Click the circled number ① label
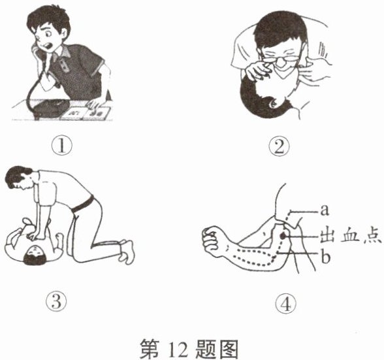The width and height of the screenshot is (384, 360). click(x=62, y=146)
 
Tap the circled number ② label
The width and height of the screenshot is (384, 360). click(x=280, y=146)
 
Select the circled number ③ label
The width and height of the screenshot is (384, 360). click(x=57, y=301)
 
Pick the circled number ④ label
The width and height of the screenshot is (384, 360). click(x=286, y=304)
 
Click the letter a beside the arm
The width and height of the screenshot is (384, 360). click(x=324, y=210)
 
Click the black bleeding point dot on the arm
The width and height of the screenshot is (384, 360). click(x=283, y=236)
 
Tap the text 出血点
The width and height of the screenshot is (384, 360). click(x=351, y=237)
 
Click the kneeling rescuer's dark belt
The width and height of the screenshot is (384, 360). click(x=83, y=205)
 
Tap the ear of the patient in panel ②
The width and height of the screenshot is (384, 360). click(x=272, y=104)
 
